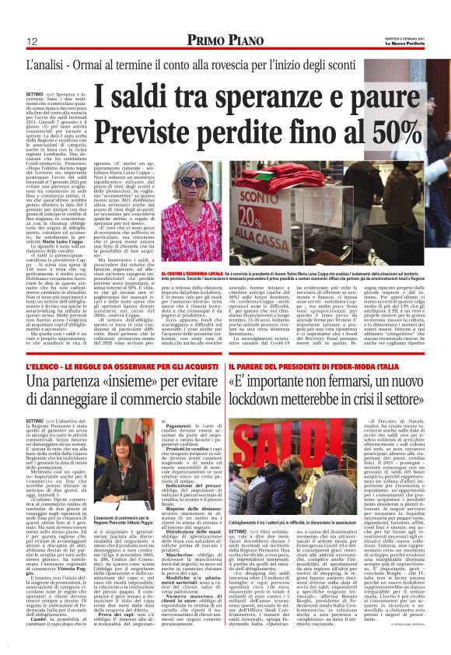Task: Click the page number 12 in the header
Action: (x=33, y=40)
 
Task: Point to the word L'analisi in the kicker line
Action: (x=44, y=64)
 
